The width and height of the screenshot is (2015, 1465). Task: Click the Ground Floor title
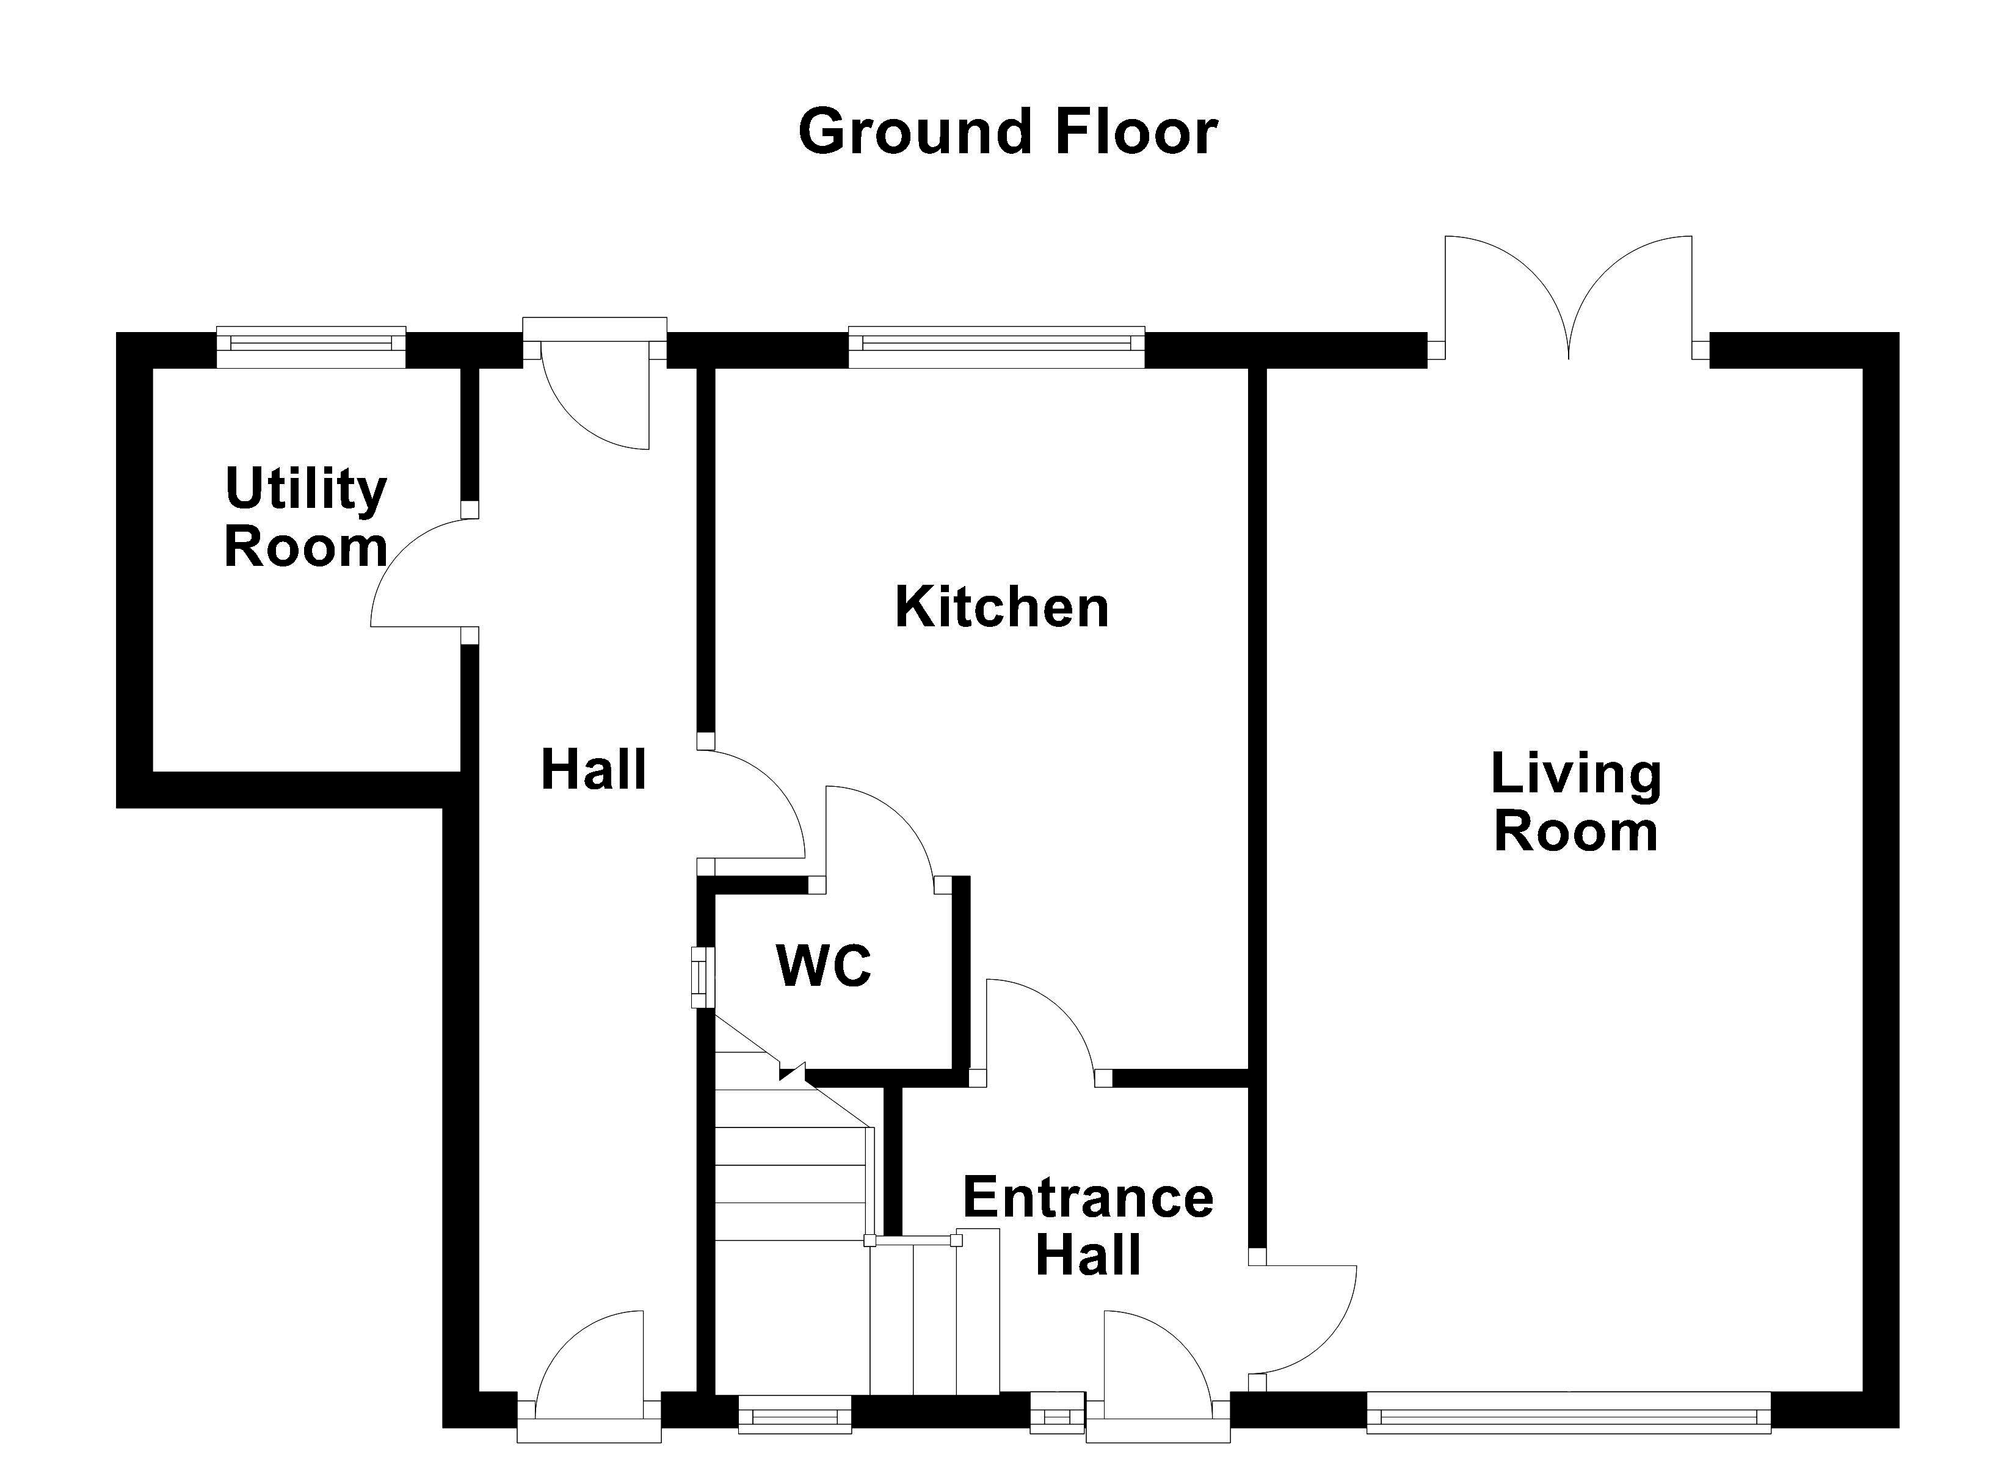point(1007,131)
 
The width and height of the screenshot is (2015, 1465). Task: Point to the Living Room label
point(1576,802)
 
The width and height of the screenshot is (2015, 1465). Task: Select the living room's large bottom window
point(1568,1413)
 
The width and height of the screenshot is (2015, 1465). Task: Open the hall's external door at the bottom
point(589,1377)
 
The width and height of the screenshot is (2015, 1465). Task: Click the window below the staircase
point(795,1413)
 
